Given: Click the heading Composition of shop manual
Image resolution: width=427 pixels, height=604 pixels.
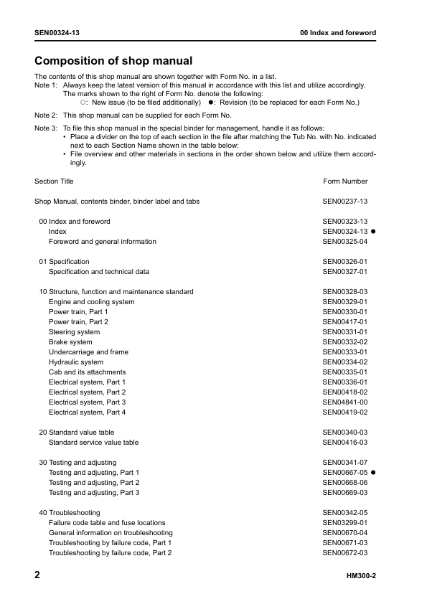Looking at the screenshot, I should (113, 60).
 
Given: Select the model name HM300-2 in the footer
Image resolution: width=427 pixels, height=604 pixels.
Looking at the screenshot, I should (362, 577).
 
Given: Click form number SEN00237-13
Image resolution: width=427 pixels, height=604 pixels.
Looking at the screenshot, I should (345, 202).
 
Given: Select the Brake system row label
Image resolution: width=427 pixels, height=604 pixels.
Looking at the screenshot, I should (70, 342).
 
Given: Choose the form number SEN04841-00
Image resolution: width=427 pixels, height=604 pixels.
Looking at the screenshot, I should (345, 402).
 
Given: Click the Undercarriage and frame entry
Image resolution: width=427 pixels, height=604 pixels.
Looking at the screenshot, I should (88, 352).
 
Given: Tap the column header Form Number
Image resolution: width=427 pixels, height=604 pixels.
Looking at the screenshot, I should (345, 181).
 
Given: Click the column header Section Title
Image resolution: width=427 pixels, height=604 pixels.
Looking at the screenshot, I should (54, 181).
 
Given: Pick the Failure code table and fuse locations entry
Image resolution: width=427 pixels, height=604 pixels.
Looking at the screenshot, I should (107, 523).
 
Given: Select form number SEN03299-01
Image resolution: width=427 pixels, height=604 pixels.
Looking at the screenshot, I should (345, 523).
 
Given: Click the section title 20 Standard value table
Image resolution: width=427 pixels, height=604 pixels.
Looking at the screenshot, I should (77, 433).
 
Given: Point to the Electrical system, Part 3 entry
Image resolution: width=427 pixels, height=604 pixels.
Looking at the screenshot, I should (87, 402).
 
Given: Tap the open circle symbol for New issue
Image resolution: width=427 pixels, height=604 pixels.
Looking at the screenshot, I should (83, 103).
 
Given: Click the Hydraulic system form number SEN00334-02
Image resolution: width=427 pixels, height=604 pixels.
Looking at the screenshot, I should (345, 362).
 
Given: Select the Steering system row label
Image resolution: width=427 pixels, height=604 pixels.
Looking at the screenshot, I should (74, 332).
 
